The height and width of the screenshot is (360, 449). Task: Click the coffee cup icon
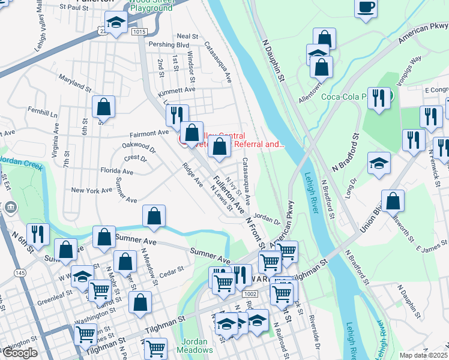point(365,8)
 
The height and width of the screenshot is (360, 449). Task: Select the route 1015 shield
point(139,31)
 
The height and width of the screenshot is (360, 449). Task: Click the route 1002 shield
point(250,294)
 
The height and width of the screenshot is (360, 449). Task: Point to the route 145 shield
point(20,273)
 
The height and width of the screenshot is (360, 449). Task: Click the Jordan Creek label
point(22,163)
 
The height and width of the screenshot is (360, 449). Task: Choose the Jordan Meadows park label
point(195,345)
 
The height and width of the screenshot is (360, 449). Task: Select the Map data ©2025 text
point(423,355)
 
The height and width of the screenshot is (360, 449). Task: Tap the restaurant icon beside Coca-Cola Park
point(378,98)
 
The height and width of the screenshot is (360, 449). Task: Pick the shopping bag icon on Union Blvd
point(393,202)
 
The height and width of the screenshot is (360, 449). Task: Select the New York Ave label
point(92,190)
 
